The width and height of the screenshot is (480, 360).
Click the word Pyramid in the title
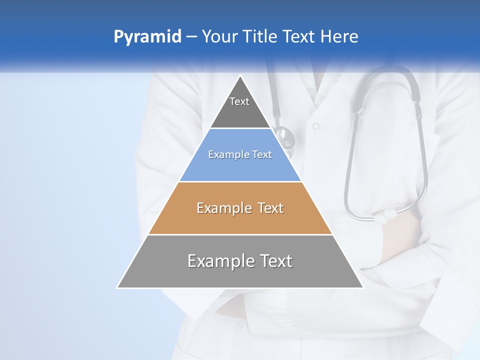click(147, 37)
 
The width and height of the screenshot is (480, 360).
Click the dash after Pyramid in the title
click(191, 37)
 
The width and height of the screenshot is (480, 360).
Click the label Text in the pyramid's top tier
click(239, 101)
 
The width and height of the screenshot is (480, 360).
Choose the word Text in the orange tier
click(270, 208)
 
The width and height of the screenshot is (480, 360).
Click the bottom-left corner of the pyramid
click(118, 287)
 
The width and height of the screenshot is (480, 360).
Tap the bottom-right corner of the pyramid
click(362, 287)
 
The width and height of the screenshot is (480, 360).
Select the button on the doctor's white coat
click(315, 126)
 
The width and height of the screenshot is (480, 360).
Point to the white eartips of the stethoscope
click(387, 215)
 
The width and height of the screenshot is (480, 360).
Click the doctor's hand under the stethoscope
click(400, 235)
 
